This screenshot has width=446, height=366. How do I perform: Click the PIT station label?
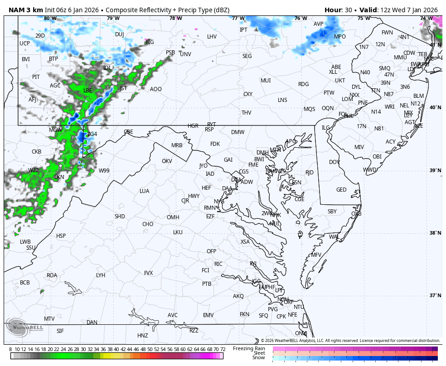pos(36,77)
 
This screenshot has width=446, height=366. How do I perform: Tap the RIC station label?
pos(218,264)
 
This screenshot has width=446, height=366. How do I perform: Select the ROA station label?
pos(52,275)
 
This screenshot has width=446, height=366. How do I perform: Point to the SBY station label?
pos(332,212)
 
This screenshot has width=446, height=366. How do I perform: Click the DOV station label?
pos(334,162)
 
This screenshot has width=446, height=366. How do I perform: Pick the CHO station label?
pos(148,224)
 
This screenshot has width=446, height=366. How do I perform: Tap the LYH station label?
pos(101,275)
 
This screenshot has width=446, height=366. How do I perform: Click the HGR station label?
pos(193,126)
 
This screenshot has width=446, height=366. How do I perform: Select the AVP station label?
pos(319,24)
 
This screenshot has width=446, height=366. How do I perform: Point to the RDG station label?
pos(303,84)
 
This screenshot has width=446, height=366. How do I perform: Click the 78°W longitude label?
pos(175,19)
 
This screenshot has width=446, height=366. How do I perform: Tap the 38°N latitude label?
pos(436,233)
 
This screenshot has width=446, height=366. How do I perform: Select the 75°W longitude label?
pos(363,19)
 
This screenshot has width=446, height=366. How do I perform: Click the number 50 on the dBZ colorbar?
pos(150,349)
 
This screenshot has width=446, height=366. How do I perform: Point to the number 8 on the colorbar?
pos(10,349)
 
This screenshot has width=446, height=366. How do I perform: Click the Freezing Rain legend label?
pos(249,348)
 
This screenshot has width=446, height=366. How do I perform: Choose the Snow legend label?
pos(259,358)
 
